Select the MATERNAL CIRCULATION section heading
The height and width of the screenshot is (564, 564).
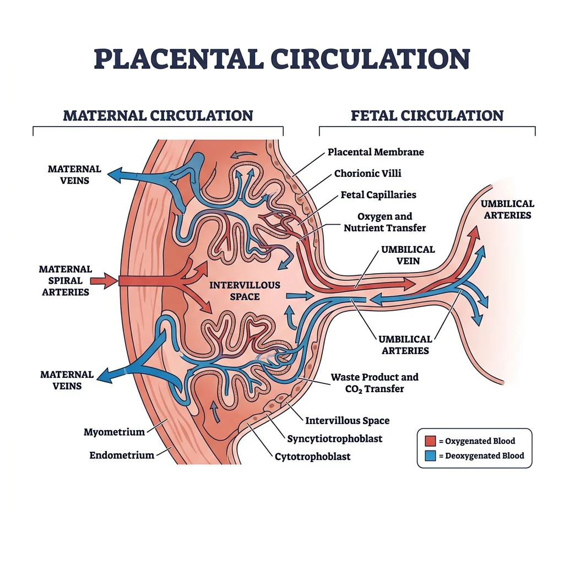pyautogui.click(x=158, y=116)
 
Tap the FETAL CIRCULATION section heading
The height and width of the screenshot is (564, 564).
pyautogui.click(x=427, y=116)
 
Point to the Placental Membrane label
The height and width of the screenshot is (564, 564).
pyautogui.click(x=376, y=152)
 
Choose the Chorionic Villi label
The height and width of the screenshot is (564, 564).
pyautogui.click(x=367, y=173)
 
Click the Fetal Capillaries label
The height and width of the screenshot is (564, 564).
pyautogui.click(x=378, y=195)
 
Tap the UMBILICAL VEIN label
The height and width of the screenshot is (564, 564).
pyautogui.click(x=408, y=255)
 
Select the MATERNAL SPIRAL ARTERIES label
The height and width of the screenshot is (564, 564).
pyautogui.click(x=65, y=280)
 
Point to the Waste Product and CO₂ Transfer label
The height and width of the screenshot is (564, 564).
pyautogui.click(x=375, y=383)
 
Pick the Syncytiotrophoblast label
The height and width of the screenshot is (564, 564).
pyautogui.click(x=334, y=439)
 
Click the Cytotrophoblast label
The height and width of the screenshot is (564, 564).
pyautogui.click(x=312, y=456)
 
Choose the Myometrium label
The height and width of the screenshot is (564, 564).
pyautogui.click(x=114, y=432)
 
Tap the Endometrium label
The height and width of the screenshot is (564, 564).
pyautogui.click(x=122, y=455)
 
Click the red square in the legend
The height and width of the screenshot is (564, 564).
pyautogui.click(x=430, y=441)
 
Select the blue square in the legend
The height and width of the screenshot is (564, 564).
pyautogui.click(x=430, y=455)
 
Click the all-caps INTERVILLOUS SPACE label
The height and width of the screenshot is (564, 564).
pyautogui.click(x=245, y=290)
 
